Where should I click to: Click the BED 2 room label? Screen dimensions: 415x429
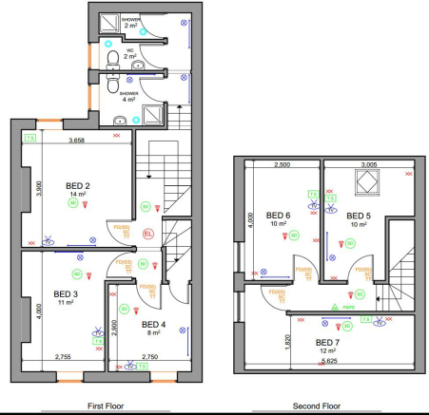(77, 185)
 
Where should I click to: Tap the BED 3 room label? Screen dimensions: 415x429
(67, 293)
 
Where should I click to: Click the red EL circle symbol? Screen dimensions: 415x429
(146, 233)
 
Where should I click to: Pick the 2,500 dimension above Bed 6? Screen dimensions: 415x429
(280, 163)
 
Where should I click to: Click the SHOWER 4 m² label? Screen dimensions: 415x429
(129, 97)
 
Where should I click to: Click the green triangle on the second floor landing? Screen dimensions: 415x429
(335, 307)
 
